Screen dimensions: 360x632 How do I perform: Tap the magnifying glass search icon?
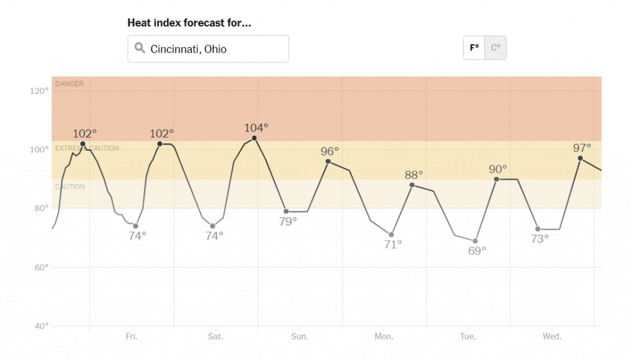(139, 48)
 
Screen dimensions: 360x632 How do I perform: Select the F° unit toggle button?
(474, 48)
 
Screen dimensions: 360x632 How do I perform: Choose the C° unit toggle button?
(496, 48)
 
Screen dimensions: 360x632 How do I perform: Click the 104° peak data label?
(256, 128)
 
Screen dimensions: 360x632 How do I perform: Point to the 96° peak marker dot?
(328, 161)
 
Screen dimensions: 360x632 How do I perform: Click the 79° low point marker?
(286, 211)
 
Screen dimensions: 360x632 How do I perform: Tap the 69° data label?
(476, 250)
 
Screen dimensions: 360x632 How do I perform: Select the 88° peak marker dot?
(412, 185)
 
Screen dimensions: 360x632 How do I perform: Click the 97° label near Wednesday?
(581, 148)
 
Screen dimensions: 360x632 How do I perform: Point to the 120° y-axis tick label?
(39, 91)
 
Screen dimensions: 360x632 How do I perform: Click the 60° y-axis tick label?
(41, 267)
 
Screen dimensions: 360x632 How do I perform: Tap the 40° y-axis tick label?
(41, 326)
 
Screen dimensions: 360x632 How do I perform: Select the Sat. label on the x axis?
(215, 337)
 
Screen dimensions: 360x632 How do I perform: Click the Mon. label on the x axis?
(384, 337)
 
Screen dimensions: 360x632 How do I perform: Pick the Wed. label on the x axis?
(552, 337)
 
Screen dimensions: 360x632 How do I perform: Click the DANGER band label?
(69, 83)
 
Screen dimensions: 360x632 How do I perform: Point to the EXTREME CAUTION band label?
(87, 148)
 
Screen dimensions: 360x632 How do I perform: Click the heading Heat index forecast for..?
(189, 23)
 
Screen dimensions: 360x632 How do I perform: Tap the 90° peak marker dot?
(496, 179)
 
